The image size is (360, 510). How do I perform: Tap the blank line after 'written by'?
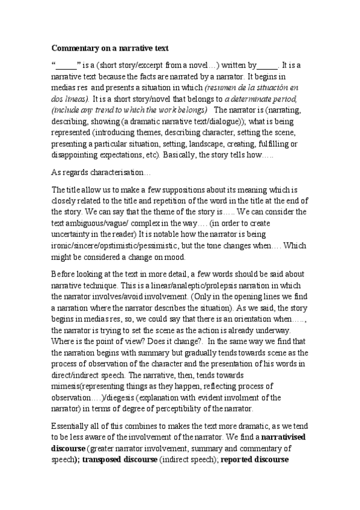click(x=267, y=66)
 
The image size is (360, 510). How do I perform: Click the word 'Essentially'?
click(x=72, y=426)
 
